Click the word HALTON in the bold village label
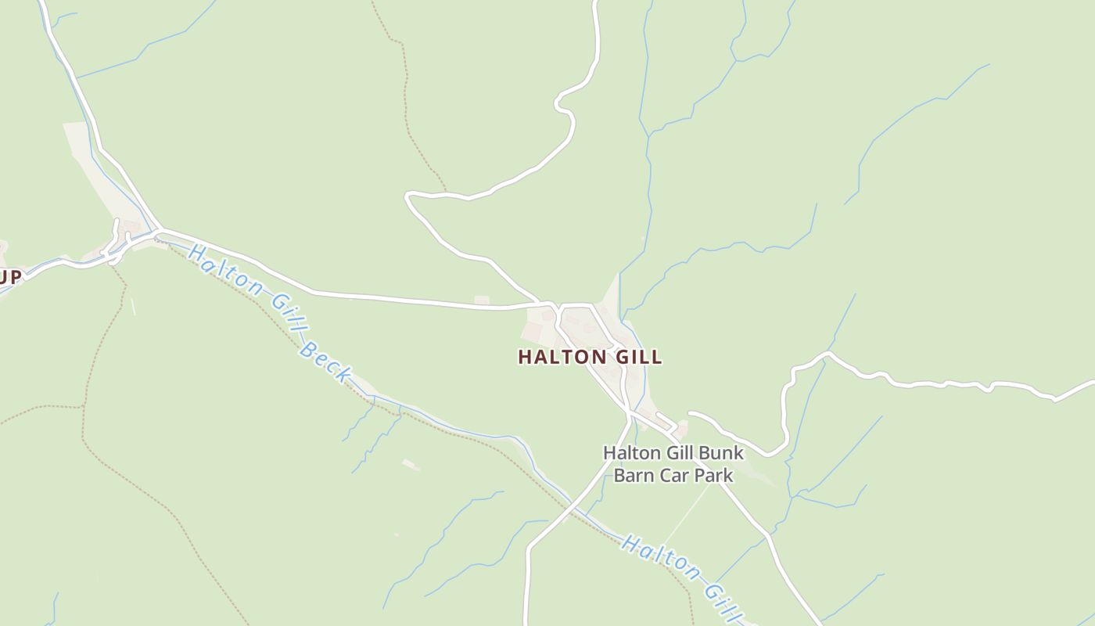561,358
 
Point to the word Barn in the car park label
632,475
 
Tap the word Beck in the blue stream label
325,362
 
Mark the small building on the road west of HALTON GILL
482,300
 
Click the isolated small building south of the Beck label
411,465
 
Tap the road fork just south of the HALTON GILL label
630,412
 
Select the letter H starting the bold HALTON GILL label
525,358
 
